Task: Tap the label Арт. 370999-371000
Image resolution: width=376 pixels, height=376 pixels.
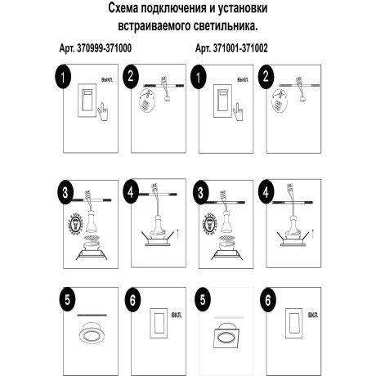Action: (96, 49)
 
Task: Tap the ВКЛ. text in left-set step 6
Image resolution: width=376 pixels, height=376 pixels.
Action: (178, 315)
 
